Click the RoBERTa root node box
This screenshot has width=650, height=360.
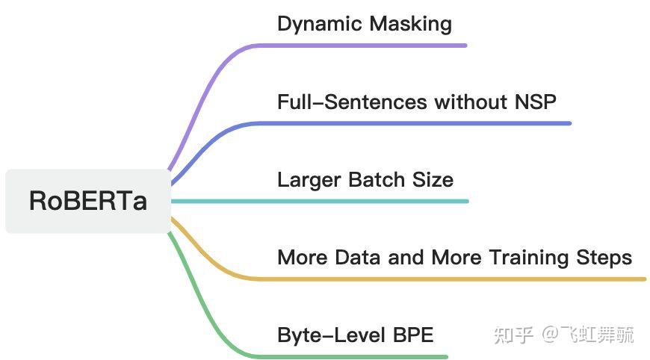pyautogui.click(x=88, y=201)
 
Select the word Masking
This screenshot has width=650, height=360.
pyautogui.click(x=410, y=24)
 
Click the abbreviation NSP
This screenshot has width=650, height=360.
pyautogui.click(x=535, y=102)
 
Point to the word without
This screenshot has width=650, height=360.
pyautogui.click(x=471, y=102)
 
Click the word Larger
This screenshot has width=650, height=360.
pyautogui.click(x=309, y=180)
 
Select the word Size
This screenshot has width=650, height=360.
pyautogui.click(x=433, y=179)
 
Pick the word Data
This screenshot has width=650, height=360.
pyautogui.click(x=358, y=257)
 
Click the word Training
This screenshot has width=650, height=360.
pyautogui.click(x=529, y=258)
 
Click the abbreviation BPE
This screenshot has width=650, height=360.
pyautogui.click(x=413, y=335)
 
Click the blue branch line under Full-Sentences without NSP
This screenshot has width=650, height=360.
pyautogui.click(x=257, y=123)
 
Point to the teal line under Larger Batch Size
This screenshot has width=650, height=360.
pyautogui.click(x=320, y=202)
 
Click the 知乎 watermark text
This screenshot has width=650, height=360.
pyautogui.click(x=513, y=335)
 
